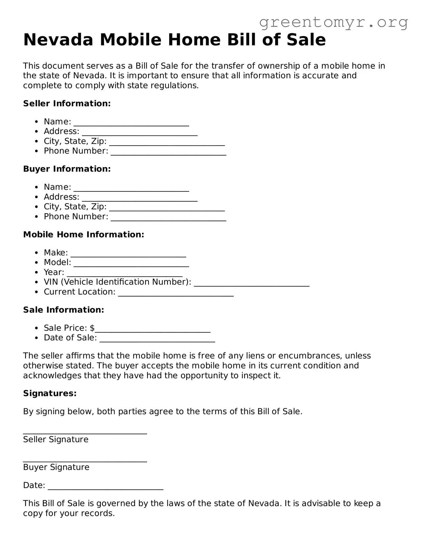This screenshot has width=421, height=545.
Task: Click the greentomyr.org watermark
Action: [x=333, y=22]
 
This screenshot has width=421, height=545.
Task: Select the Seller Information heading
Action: [x=67, y=103]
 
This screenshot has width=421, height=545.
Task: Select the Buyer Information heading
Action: [x=67, y=169]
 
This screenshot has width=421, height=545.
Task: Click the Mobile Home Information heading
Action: [x=83, y=235]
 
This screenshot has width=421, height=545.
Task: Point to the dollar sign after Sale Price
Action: [x=92, y=328]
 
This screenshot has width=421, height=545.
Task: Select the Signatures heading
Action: [x=50, y=393]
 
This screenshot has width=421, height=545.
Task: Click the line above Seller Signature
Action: [x=85, y=433]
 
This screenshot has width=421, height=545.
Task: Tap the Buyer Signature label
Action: [x=56, y=467]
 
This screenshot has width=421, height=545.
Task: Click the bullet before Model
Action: [x=37, y=262]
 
